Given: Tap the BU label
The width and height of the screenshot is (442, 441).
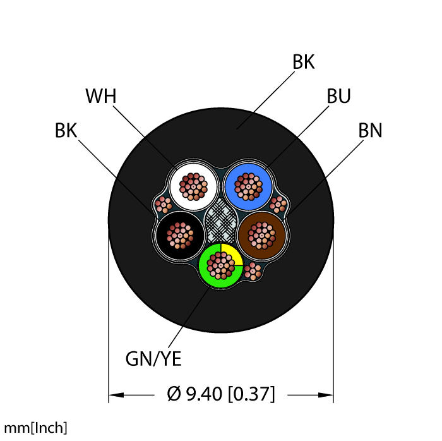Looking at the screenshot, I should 338,96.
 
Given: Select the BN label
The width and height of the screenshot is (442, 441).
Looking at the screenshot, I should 370,131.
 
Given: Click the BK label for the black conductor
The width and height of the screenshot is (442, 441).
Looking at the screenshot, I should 66,131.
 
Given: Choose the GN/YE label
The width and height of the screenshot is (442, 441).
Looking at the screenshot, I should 153,359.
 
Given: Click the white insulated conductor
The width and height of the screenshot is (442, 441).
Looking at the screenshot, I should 193,185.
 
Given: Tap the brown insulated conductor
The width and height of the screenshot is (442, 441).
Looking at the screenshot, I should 262,234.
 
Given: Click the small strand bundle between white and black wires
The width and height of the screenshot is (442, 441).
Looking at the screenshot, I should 164,205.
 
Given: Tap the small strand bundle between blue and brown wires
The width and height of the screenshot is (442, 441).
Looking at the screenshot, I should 278,204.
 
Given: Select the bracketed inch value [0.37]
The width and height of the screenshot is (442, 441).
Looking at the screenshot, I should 251,396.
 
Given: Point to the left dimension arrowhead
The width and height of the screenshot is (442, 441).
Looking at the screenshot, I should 114,396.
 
